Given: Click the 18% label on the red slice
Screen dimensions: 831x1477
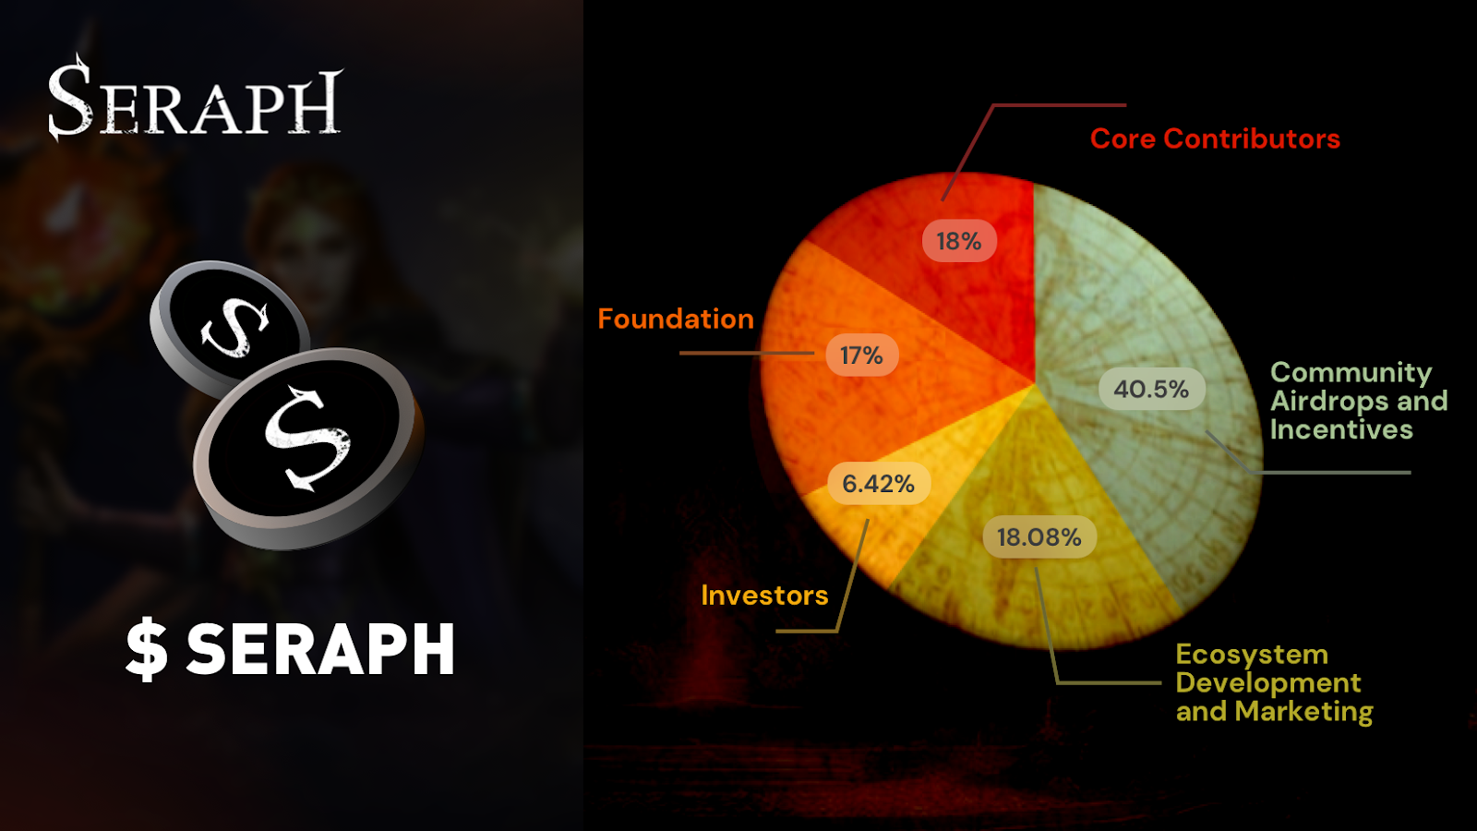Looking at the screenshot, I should (x=959, y=241).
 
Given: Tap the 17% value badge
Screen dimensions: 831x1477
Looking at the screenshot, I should (x=861, y=355).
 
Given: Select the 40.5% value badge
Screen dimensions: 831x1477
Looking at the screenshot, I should (x=1151, y=389).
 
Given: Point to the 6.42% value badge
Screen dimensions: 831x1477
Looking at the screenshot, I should (x=878, y=483).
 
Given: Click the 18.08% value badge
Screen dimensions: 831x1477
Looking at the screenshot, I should (x=1039, y=536).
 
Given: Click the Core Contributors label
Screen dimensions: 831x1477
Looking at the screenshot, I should (x=1215, y=138).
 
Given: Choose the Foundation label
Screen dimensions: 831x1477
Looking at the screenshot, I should (x=676, y=319).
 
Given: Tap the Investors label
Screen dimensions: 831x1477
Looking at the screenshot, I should (x=764, y=596).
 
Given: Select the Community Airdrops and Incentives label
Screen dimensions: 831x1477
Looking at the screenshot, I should (x=1358, y=401).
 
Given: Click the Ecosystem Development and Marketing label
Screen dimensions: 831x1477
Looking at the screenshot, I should (x=1274, y=682).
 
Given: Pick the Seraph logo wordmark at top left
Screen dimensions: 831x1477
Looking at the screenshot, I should (x=195, y=100).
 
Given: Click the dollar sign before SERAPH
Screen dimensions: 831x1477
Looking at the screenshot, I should (x=147, y=650).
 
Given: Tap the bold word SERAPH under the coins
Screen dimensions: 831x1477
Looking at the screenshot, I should (x=320, y=649).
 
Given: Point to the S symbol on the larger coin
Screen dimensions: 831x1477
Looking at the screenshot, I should (x=307, y=436).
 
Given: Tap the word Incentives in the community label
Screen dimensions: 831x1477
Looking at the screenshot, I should (x=1341, y=429).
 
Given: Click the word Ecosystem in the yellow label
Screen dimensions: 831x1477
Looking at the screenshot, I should (x=1252, y=654).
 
